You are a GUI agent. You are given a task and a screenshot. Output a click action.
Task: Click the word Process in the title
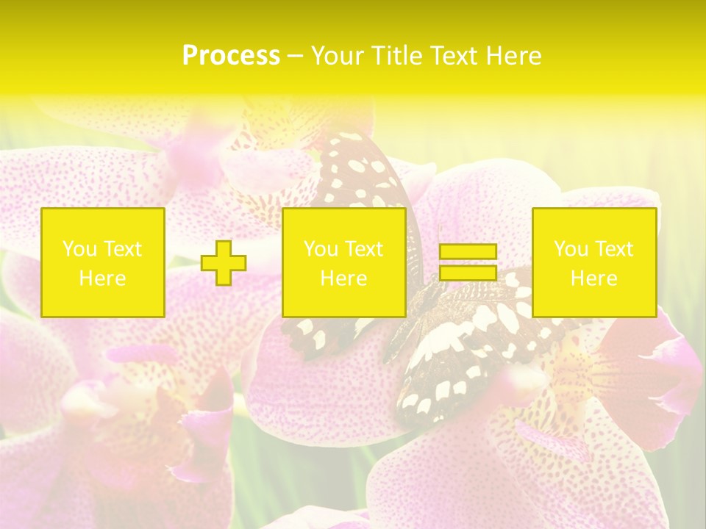pyautogui.click(x=231, y=56)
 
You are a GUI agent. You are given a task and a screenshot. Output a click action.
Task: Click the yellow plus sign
pyautogui.click(x=224, y=262)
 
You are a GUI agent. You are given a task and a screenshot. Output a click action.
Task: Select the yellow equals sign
pyautogui.click(x=468, y=262)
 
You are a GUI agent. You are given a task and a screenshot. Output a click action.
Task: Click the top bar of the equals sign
pyautogui.click(x=468, y=251)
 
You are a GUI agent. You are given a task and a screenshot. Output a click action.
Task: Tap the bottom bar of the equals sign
pyautogui.click(x=468, y=273)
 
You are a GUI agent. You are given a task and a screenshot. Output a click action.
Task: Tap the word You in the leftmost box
pyautogui.click(x=79, y=249)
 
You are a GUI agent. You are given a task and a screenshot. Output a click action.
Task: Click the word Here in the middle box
pyautogui.click(x=344, y=278)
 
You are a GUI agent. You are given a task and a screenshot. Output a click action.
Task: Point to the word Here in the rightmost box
pyautogui.click(x=594, y=278)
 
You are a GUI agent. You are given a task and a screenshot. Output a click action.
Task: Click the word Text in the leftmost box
pyautogui.click(x=122, y=249)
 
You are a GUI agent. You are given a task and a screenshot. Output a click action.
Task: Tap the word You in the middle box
pyautogui.click(x=321, y=249)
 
